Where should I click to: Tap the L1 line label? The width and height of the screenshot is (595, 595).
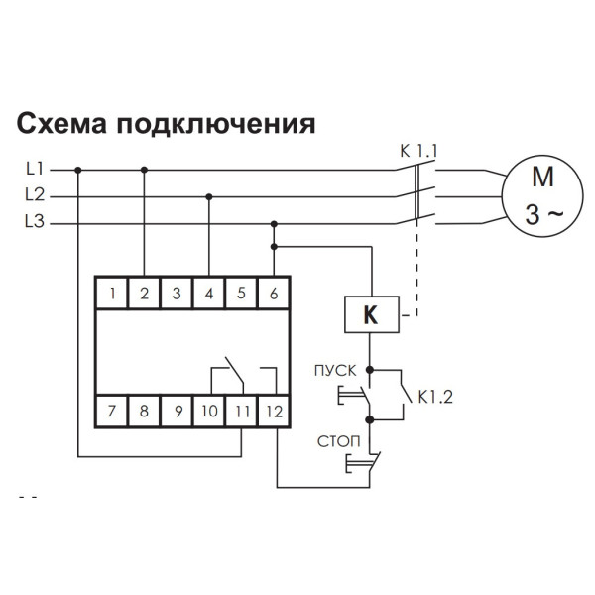click(x=34, y=170)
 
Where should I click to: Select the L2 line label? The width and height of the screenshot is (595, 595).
click(x=34, y=196)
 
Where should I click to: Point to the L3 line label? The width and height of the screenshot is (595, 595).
click(x=34, y=223)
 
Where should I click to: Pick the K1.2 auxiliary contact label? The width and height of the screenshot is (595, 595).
click(x=436, y=397)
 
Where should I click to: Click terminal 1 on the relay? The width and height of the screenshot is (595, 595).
click(x=115, y=293)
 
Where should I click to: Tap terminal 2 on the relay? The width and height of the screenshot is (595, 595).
click(x=145, y=293)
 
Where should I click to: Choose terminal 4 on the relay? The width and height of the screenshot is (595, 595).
click(x=208, y=293)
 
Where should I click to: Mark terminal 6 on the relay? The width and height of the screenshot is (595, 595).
click(x=273, y=293)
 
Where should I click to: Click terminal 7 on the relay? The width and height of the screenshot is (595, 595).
click(x=113, y=408)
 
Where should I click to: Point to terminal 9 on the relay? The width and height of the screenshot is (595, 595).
click(x=177, y=408)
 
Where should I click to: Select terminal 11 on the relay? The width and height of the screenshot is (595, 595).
click(x=241, y=408)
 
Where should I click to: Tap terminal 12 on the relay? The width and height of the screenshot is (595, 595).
click(x=274, y=408)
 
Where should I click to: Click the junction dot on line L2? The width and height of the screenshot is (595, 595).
click(x=208, y=196)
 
